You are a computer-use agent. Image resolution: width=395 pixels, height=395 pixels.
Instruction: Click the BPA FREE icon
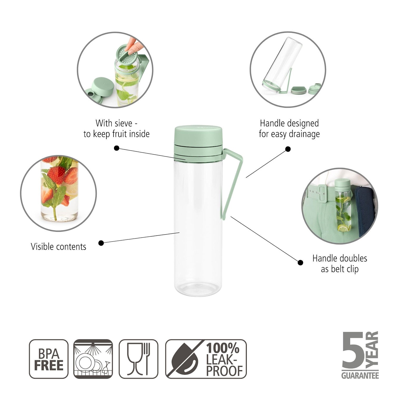49,359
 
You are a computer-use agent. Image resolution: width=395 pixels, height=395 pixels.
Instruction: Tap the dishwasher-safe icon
93,359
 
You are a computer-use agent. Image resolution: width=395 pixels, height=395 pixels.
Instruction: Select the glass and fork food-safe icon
139,359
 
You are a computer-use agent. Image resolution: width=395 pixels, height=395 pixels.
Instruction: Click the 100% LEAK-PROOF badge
206,359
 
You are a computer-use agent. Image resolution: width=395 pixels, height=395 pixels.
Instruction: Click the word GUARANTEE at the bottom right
360,375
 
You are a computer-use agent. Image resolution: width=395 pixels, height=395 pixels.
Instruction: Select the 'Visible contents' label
58,247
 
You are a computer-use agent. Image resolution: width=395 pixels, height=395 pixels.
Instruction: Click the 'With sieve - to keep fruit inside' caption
116,129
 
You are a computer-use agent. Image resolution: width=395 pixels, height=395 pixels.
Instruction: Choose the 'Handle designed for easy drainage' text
289,129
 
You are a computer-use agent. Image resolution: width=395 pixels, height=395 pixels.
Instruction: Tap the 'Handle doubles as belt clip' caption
340,264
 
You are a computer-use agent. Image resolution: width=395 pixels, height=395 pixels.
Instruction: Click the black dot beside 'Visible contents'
101,243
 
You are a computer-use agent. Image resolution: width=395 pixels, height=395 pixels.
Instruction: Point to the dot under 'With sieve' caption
117,148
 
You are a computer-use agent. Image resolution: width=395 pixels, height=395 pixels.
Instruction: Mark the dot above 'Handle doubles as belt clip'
300,262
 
